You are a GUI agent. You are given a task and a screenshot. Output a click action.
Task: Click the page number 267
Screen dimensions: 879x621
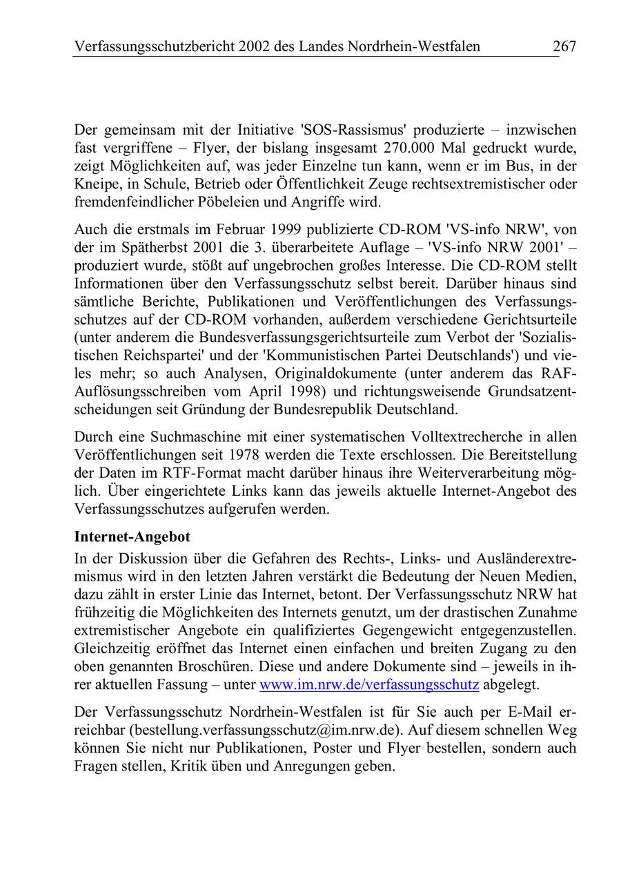[x=564, y=47]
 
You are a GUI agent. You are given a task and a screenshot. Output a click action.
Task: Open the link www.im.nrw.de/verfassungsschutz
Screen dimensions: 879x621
[x=368, y=685]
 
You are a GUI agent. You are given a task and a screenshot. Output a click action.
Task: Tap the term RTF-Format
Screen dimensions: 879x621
[x=200, y=472]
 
